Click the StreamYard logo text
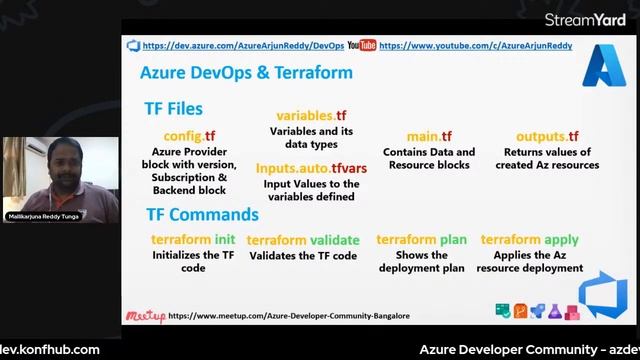585,19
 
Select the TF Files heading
174,109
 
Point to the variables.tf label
311,116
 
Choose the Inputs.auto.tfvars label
311,168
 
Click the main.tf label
429,136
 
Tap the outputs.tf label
547,136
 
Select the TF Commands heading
202,214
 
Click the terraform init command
193,240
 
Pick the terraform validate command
302,240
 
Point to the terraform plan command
421,240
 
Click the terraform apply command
529,240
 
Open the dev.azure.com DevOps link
242,45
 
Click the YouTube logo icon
361,45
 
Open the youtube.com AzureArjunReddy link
475,45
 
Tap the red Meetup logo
145,316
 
